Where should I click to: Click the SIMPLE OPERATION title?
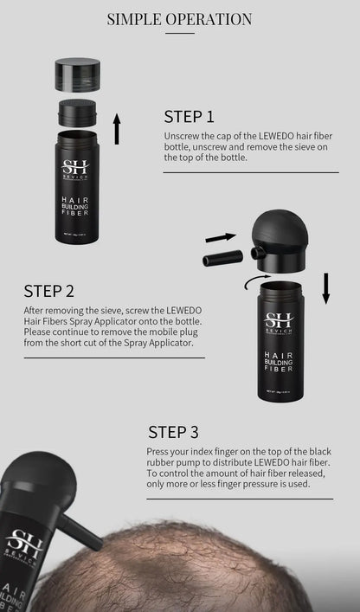[180, 19]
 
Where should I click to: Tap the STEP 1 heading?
[189, 117]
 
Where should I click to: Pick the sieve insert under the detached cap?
[77, 111]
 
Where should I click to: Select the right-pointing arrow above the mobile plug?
[221, 236]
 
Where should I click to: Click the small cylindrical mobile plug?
[221, 259]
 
